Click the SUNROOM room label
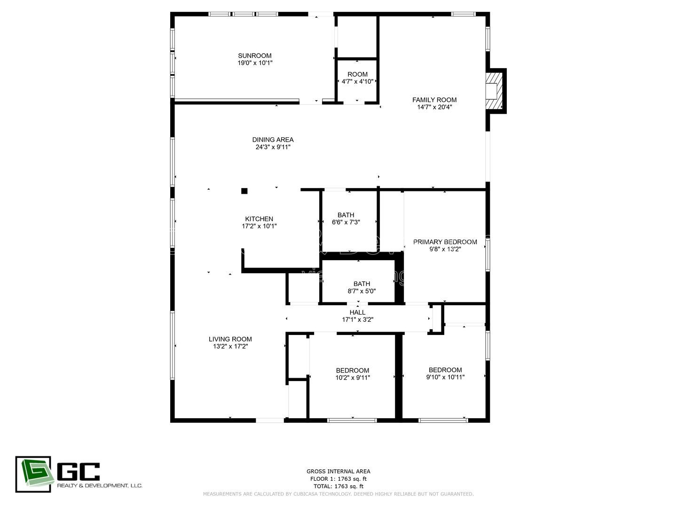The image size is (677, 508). tap(254, 56)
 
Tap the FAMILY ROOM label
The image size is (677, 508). tap(434, 100)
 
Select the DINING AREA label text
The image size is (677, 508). tap(273, 140)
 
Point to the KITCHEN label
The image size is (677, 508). tap(259, 219)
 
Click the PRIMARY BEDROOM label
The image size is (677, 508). tap(445, 242)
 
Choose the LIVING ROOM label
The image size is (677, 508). tap(230, 339)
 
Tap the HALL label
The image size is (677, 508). tap(357, 312)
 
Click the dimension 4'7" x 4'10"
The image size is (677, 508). tap(357, 81)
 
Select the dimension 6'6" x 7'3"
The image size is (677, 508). tap(346, 222)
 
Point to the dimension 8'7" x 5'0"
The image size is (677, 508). tap(362, 291)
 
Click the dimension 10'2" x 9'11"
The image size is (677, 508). tap(353, 377)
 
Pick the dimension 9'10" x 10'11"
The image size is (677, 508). tap(445, 377)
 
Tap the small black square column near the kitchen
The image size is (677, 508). tap(244, 191)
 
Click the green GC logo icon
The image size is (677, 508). tap(33, 474)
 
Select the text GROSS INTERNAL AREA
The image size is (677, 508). tap(338, 471)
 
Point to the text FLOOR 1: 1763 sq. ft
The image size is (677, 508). tap(338, 479)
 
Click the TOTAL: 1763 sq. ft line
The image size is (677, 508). tap(338, 486)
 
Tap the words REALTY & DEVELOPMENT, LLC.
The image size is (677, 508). tap(100, 485)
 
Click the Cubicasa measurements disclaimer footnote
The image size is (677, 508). tap(338, 494)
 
